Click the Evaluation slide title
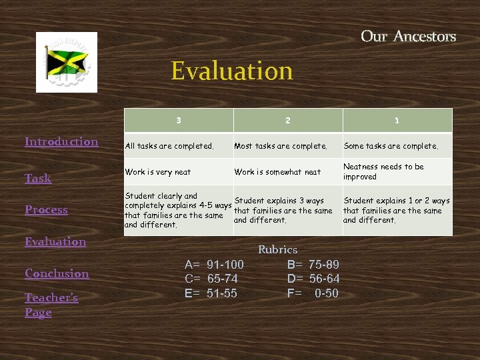[231, 71]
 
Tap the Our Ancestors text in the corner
[408, 36]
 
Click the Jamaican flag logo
[67, 62]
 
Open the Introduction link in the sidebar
[61, 141]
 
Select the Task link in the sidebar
[38, 178]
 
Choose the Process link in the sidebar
[46, 209]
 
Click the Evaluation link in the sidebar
[55, 241]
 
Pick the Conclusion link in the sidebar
[57, 273]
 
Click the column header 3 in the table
[178, 121]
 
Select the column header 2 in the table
[287, 121]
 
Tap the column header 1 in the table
[397, 121]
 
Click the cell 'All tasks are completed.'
[170, 146]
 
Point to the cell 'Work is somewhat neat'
[277, 172]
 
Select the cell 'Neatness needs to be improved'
[383, 171]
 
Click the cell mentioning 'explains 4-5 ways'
[177, 210]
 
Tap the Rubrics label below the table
[277, 249]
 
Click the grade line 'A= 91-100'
[214, 264]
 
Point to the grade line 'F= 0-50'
[313, 293]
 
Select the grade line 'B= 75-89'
[313, 264]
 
